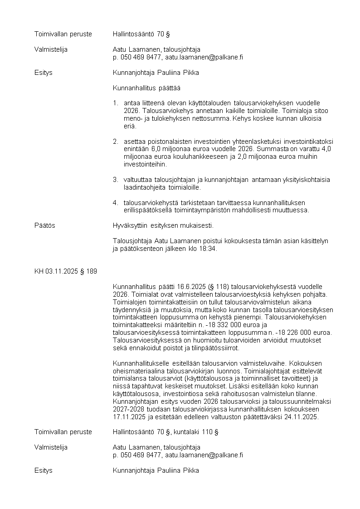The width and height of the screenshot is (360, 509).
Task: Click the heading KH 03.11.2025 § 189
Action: pos(65,271)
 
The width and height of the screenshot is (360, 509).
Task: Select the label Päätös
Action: pos(44,225)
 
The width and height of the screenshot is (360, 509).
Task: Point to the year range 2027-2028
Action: pos(130,409)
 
